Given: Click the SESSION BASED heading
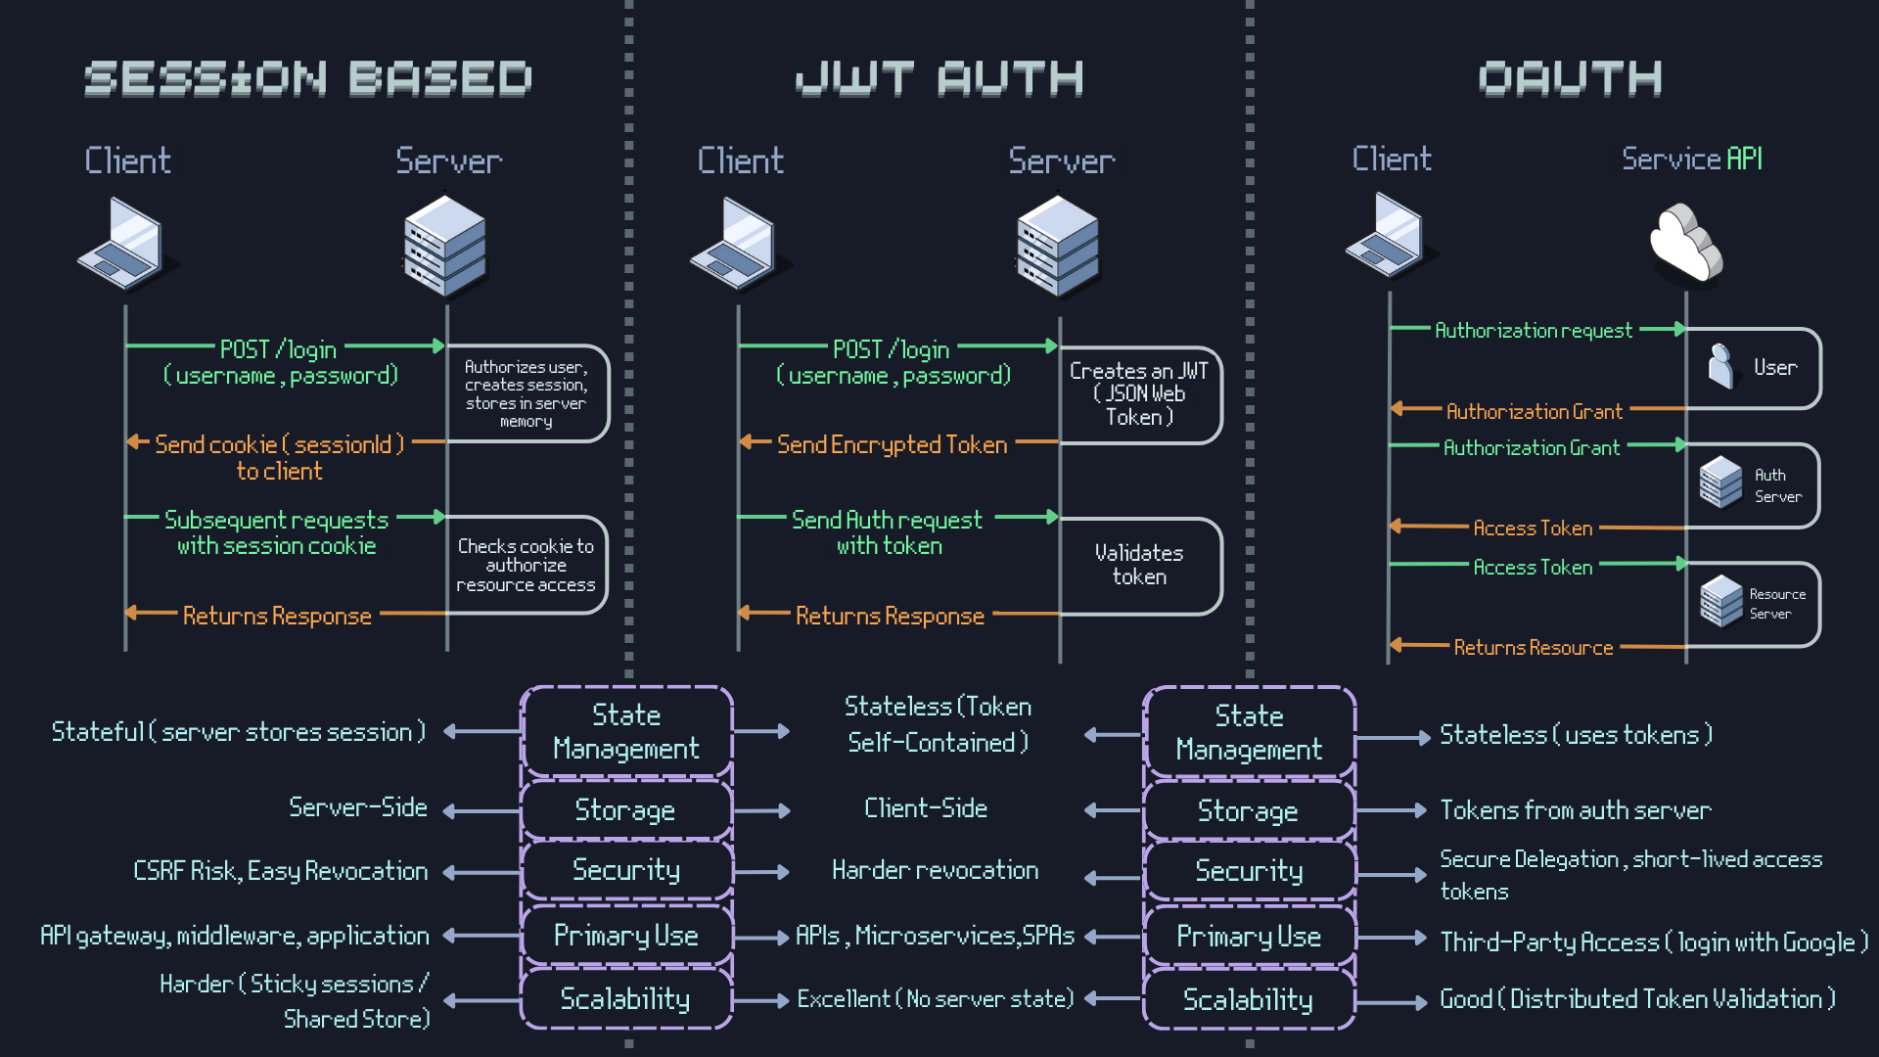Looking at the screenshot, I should click(x=307, y=79).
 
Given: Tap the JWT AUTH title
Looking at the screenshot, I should click(x=939, y=79).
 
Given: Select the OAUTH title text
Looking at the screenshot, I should click(x=1570, y=79).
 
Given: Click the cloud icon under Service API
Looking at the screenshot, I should click(x=1685, y=242).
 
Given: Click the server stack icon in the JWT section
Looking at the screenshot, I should click(x=1058, y=246).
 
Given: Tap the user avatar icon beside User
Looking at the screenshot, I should click(x=1720, y=367).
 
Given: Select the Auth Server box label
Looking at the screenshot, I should click(x=1777, y=485).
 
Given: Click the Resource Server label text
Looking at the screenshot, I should click(x=1777, y=604).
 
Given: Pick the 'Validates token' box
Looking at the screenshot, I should click(x=1140, y=566).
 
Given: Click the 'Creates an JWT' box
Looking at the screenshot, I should click(x=1140, y=393).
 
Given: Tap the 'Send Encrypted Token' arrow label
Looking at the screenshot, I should click(x=892, y=445).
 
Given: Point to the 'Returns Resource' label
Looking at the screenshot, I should click(x=1533, y=648).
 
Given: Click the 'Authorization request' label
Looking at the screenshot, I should click(x=1533, y=331).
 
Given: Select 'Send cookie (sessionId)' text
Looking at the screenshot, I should click(x=279, y=445).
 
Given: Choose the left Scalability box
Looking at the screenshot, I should click(x=625, y=999).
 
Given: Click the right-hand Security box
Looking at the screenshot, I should click(x=1249, y=871).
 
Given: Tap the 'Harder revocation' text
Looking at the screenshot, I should click(x=935, y=870).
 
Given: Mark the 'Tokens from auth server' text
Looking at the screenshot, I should click(x=1575, y=810).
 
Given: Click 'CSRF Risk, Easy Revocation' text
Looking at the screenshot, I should click(x=281, y=871).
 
